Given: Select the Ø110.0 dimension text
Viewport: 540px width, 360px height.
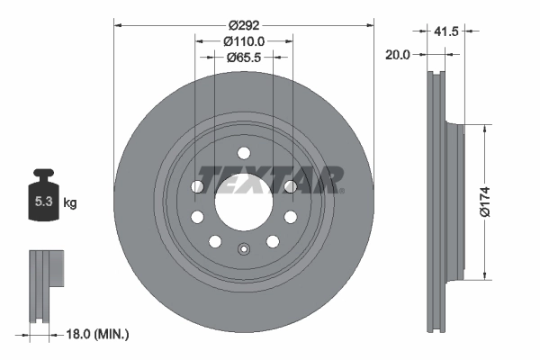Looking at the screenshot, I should tap(244, 40).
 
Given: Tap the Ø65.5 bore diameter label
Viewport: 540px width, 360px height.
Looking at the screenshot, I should tap(244, 57).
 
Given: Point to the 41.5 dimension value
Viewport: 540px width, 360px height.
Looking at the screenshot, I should tap(445, 31).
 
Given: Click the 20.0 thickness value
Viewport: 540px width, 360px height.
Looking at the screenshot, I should tap(398, 54).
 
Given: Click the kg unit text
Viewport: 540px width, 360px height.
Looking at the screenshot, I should tap(70, 203).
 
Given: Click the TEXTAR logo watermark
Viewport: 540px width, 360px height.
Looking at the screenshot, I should tap(271, 179).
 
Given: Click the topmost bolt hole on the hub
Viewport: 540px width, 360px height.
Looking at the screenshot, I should tap(243, 151).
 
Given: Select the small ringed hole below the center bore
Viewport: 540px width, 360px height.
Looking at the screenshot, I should tap(243, 251).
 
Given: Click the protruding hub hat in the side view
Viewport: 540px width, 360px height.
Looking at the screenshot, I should tap(454, 202).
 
